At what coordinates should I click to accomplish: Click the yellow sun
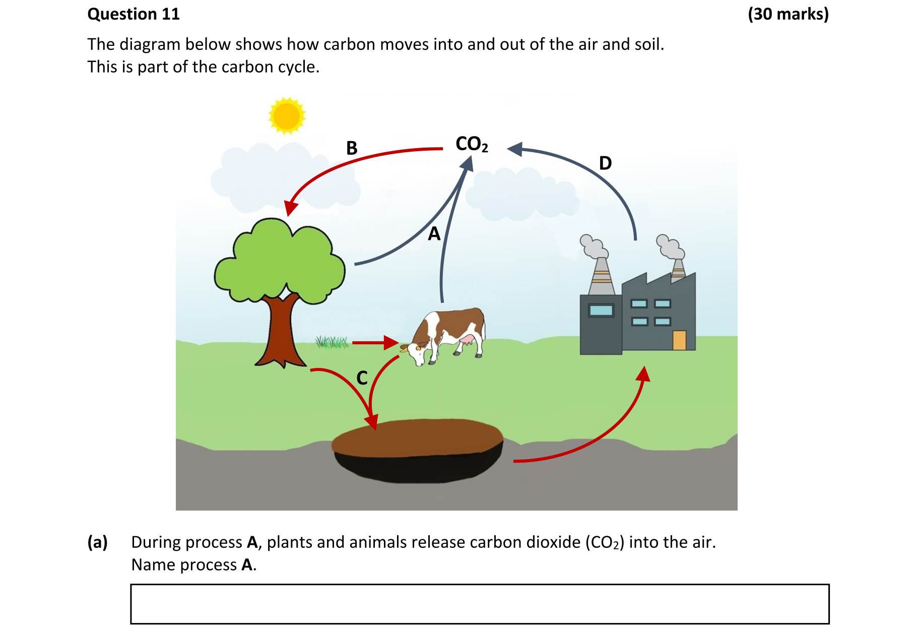click(x=287, y=115)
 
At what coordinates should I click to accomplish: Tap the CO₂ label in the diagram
click(x=472, y=144)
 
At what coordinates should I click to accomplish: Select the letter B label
click(x=352, y=148)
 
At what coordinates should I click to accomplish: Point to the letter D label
click(x=605, y=163)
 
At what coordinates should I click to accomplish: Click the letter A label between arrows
click(x=434, y=234)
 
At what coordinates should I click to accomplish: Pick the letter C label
click(x=362, y=378)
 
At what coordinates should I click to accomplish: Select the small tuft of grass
click(x=332, y=343)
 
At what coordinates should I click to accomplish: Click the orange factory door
click(x=679, y=340)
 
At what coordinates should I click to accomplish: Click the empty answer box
click(x=479, y=604)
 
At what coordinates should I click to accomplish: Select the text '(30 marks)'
click(x=788, y=14)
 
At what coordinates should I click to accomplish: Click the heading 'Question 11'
click(x=134, y=14)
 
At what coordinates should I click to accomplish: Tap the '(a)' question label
click(x=97, y=542)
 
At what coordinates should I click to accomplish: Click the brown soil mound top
click(x=417, y=436)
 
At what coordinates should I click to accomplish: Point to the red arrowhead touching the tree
click(x=291, y=208)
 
